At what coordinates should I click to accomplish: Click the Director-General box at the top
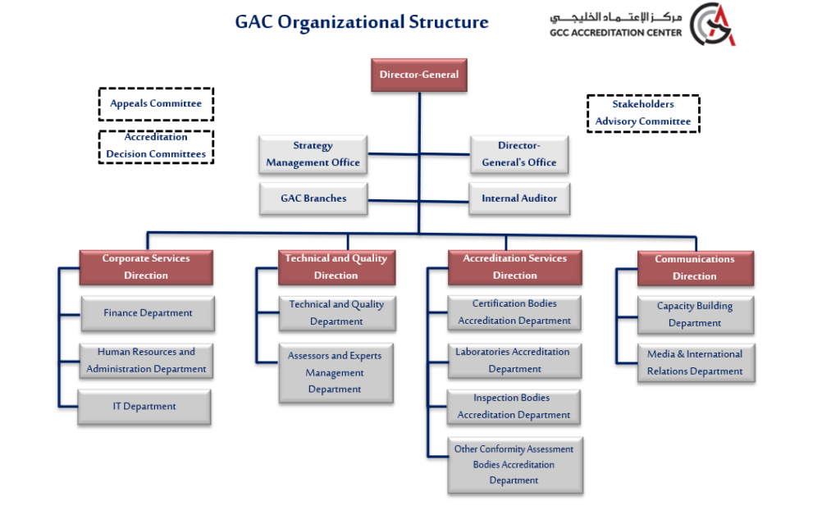tap(419, 75)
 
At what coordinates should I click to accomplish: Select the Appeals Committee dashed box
tap(156, 104)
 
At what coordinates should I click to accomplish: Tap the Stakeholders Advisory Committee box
tap(643, 113)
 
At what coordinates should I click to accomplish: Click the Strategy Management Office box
tap(313, 154)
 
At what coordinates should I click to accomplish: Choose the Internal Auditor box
tap(519, 198)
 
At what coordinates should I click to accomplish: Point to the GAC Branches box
tap(313, 198)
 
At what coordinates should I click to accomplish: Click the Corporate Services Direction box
tap(146, 267)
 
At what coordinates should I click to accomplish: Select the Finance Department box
tap(148, 313)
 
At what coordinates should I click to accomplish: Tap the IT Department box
tap(144, 407)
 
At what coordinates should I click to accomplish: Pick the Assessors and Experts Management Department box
tap(335, 373)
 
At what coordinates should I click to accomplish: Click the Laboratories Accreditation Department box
tap(514, 361)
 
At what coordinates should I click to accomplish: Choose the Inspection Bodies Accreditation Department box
tap(514, 407)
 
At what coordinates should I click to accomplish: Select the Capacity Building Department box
tap(695, 315)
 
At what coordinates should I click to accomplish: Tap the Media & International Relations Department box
tap(695, 363)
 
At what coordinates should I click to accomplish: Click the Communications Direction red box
tap(695, 268)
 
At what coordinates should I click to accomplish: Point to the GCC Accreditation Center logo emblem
tap(710, 24)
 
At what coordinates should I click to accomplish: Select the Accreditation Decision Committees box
tap(156, 146)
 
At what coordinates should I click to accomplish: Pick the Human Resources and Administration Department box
tap(147, 361)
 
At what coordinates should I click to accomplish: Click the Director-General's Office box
tap(519, 154)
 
